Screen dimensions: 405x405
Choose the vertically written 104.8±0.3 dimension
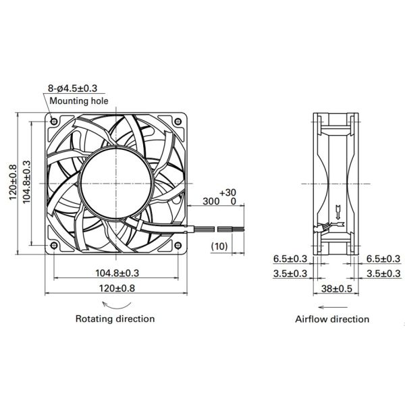(27, 182)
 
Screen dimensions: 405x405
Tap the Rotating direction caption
(115, 318)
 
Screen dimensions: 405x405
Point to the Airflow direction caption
(332, 319)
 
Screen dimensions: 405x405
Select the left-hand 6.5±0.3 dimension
(291, 259)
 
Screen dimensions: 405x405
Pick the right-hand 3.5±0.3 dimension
(385, 273)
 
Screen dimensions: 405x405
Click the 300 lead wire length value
(211, 201)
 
